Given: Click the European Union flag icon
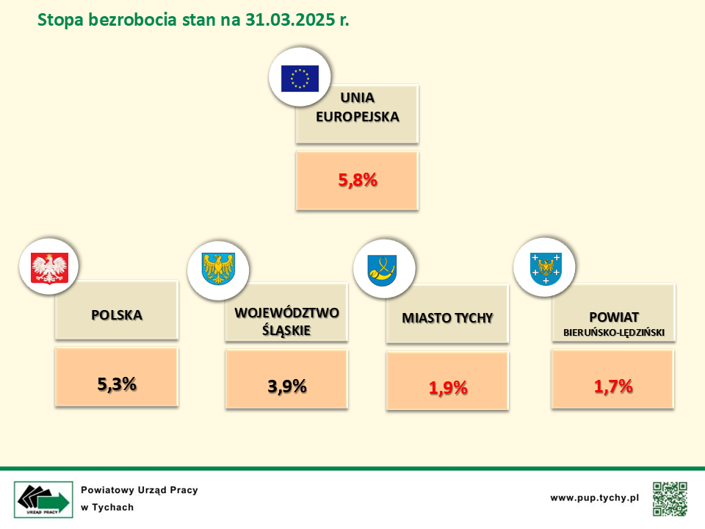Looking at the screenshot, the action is (x=300, y=79).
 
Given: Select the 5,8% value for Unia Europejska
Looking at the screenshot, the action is (x=358, y=180).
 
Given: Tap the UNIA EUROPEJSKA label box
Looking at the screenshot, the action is (x=358, y=114).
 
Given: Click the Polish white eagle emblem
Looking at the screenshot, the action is (x=49, y=268).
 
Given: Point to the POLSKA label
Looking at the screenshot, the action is (x=117, y=315).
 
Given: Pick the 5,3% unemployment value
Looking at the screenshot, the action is (x=117, y=384).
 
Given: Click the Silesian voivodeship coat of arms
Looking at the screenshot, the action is (x=219, y=269).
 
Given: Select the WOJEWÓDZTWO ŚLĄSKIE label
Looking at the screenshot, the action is (x=287, y=321).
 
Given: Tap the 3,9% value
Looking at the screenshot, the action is (x=287, y=386).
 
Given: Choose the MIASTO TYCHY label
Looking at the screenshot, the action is (x=447, y=318).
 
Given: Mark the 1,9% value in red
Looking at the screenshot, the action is (x=448, y=388).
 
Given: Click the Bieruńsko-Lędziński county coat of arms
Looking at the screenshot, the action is (x=546, y=269).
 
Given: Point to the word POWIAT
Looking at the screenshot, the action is (x=614, y=317).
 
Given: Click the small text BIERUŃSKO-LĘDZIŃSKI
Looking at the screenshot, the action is (x=614, y=333).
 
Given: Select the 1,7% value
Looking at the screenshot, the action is (x=613, y=386).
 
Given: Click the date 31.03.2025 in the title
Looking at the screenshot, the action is (x=290, y=20).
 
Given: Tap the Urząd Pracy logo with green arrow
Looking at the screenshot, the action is (x=43, y=500).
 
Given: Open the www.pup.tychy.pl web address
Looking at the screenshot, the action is (x=594, y=498).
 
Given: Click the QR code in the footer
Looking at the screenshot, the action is (x=670, y=499).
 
